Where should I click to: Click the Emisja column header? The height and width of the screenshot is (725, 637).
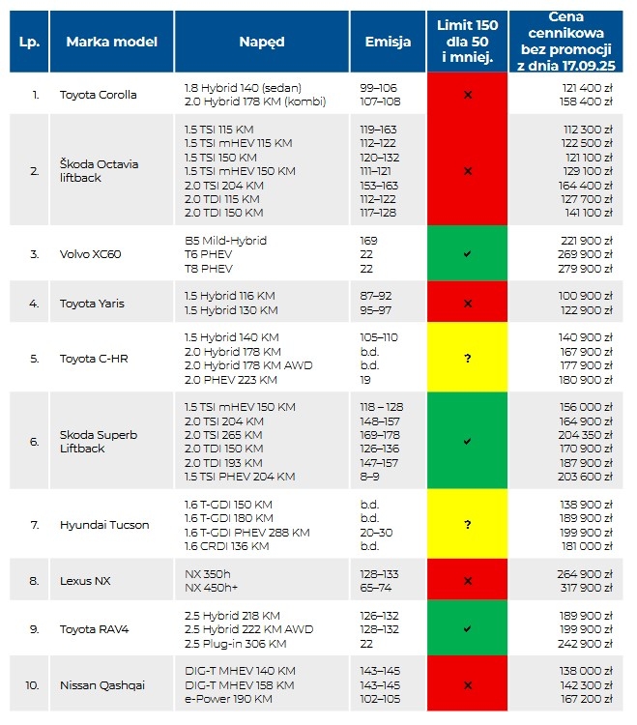coord(388,42)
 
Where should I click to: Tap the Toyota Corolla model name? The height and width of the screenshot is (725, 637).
coord(99,95)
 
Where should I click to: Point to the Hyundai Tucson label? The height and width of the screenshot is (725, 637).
coord(104,525)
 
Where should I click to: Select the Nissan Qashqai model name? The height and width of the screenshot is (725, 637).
coord(101,684)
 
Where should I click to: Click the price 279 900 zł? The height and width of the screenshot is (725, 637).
coord(580,269)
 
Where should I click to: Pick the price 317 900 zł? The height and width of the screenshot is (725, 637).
coord(580,588)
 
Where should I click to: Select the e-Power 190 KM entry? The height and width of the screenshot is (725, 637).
coord(229,699)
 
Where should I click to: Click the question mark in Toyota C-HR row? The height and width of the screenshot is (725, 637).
coord(467,359)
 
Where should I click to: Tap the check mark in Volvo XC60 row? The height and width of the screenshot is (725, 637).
coord(467,254)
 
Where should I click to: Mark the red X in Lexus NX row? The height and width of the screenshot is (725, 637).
coord(467,581)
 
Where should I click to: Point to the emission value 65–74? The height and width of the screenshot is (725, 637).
coord(377,588)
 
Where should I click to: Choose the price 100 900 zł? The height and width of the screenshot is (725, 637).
coord(580,295)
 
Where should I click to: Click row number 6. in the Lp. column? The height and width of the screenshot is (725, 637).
coord(35,442)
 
